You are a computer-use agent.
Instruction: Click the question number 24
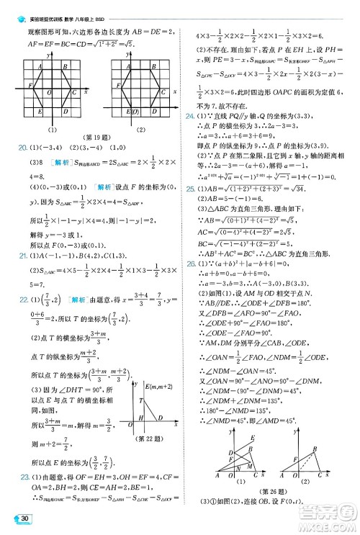190,115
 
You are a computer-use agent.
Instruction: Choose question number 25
190,210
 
